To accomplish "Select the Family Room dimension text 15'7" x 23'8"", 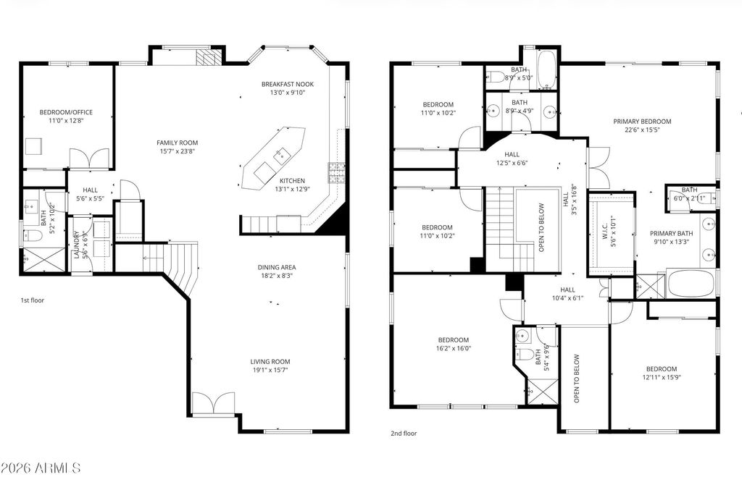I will [x=178, y=151].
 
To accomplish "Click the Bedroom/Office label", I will [x=66, y=112].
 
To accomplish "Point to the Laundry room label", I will [x=76, y=244].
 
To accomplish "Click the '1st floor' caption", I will [x=32, y=300].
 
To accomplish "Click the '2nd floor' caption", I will [x=404, y=434].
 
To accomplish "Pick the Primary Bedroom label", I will [x=642, y=122].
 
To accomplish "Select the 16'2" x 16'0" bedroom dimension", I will [x=454, y=348].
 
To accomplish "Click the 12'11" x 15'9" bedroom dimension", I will [x=661, y=376].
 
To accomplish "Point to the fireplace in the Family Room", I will [x=207, y=59].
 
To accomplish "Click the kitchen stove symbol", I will [x=336, y=173].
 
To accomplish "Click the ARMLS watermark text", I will [x=41, y=468].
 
